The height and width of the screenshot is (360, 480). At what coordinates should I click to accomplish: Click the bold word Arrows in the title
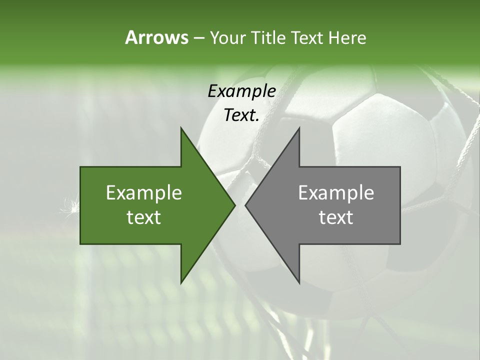pos(156,37)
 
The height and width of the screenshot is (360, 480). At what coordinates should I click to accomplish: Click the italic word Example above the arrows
pos(242,91)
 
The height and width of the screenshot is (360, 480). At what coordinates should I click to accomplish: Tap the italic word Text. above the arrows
pos(242,115)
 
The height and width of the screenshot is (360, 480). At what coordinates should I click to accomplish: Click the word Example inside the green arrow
pos(144,192)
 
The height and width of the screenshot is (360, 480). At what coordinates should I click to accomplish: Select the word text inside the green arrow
pos(144,217)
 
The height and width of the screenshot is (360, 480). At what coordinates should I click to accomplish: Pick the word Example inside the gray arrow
pos(336,192)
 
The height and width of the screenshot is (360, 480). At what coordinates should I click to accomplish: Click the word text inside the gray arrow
pos(336,217)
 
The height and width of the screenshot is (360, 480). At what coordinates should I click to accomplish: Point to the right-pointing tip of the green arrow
pos(235,205)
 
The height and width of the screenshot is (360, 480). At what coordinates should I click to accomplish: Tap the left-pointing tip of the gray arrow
pos(245,205)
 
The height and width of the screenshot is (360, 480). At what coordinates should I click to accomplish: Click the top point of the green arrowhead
pos(181,128)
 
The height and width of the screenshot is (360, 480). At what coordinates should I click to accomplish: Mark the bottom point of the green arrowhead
pos(181,283)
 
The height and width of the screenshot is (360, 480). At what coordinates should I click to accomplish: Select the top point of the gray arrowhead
pos(299,128)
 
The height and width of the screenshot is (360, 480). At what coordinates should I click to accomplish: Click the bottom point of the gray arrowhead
pos(299,283)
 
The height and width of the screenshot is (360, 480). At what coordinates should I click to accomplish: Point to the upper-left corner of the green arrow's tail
pos(81,167)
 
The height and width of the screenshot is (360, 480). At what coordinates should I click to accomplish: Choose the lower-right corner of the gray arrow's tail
pos(399,243)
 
